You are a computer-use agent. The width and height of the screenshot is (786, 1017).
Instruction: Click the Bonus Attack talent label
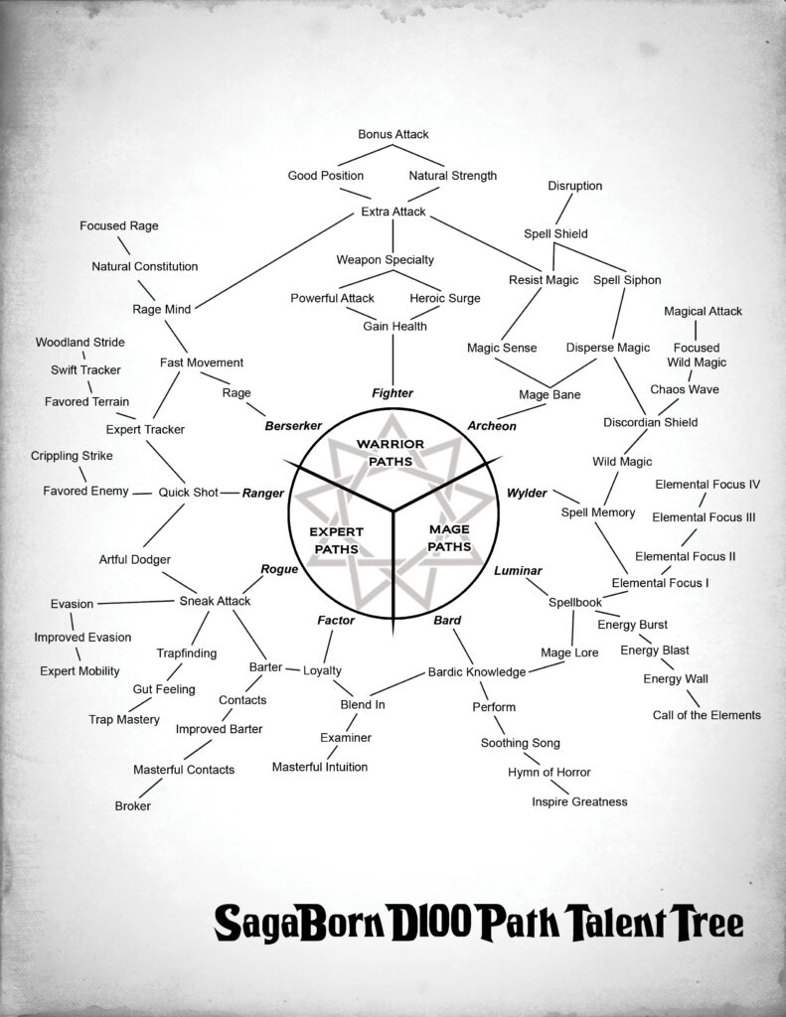(x=393, y=134)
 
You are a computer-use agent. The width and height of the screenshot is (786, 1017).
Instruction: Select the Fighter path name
(x=393, y=393)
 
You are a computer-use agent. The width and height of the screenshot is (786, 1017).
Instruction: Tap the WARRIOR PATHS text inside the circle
(x=391, y=453)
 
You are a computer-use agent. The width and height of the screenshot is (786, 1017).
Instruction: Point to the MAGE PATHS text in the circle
(x=449, y=537)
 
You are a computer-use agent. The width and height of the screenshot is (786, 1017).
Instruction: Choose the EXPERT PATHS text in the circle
(x=336, y=540)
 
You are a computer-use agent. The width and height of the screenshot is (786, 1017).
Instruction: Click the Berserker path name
(x=293, y=426)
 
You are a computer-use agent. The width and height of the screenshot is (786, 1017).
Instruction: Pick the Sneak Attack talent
(x=215, y=601)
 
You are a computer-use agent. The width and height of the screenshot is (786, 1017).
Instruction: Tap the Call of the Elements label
(x=707, y=715)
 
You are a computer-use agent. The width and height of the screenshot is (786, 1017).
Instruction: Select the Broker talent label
(x=132, y=806)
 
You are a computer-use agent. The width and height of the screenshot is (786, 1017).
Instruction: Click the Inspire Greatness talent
(x=579, y=802)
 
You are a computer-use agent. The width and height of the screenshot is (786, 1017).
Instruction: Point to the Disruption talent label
(x=575, y=186)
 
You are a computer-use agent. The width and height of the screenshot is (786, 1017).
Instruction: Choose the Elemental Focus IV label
(x=707, y=485)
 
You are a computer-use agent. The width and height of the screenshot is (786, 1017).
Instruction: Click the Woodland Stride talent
(x=79, y=343)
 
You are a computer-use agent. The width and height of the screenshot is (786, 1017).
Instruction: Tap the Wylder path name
(x=527, y=494)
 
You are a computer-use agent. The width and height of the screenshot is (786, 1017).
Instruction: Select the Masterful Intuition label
(x=320, y=768)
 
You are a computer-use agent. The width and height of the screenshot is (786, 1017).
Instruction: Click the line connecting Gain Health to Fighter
(x=393, y=360)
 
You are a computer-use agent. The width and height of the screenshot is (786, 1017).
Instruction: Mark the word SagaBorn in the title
(x=299, y=923)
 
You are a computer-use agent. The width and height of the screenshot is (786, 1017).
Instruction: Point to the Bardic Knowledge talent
(x=477, y=672)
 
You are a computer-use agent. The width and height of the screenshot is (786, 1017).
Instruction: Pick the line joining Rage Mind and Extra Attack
(x=273, y=262)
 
